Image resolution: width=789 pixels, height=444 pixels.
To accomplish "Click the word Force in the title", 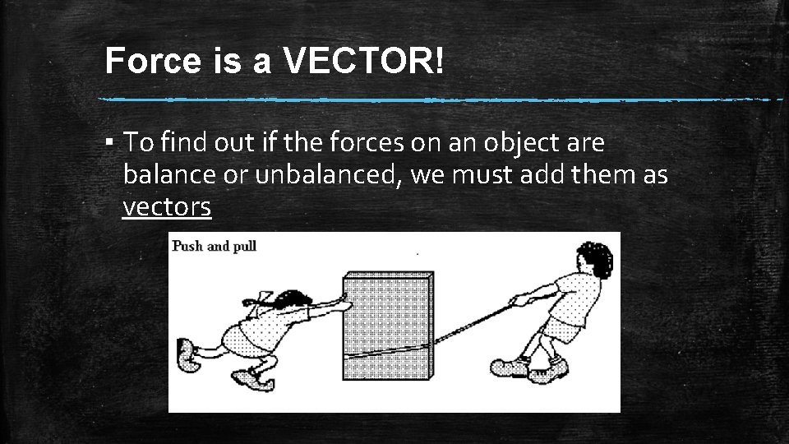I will (x=152, y=62).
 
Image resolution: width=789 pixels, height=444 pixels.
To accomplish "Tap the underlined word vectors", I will (x=167, y=207).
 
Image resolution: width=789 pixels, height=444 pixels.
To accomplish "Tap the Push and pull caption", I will (x=214, y=247).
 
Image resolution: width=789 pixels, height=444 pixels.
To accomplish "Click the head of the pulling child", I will (x=592, y=261).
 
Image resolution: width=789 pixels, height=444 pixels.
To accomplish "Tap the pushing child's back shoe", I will (x=187, y=354).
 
